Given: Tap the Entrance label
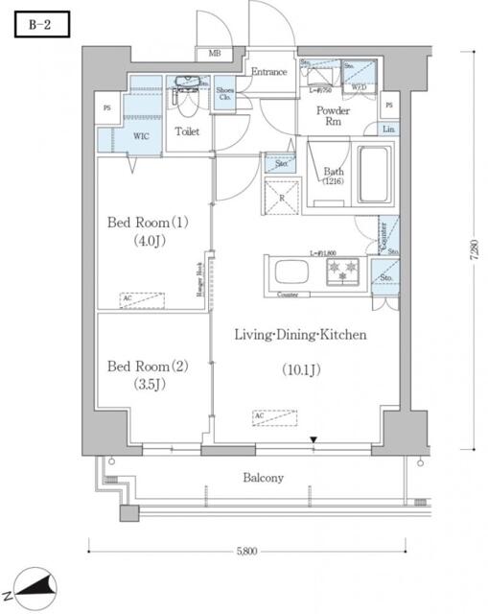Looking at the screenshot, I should [x=269, y=72].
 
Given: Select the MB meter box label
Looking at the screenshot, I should [x=213, y=54].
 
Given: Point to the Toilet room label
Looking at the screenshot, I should [x=186, y=131].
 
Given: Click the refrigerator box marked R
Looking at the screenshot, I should [x=284, y=199].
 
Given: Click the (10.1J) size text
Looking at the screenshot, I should [x=301, y=369].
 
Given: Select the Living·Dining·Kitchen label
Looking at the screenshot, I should [x=301, y=335].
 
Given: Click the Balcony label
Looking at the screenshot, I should [x=263, y=478].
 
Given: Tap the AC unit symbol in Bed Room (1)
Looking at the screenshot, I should [x=141, y=298].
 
